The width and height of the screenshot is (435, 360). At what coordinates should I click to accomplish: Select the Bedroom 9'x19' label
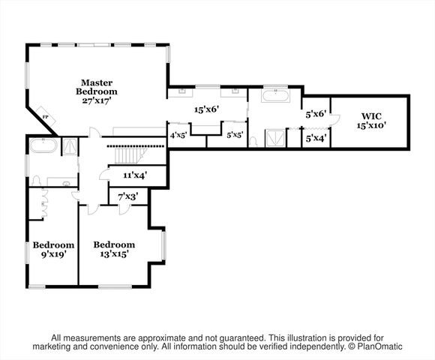53,249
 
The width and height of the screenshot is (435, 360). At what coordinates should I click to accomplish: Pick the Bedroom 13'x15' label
114,249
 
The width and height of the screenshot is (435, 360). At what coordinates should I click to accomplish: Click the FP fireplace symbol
46,118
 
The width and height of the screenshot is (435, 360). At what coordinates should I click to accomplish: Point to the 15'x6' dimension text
205,109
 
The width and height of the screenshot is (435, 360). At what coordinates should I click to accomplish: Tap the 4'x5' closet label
178,136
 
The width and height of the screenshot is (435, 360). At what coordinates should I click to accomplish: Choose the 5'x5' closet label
235,136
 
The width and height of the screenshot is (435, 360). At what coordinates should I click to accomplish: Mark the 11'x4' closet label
134,175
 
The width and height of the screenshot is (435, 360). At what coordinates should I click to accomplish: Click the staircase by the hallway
127,154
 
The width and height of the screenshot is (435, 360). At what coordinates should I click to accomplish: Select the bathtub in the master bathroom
274,96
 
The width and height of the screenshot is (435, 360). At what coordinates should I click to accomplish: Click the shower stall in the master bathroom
275,138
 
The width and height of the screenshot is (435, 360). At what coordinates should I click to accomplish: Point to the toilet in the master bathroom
253,139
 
